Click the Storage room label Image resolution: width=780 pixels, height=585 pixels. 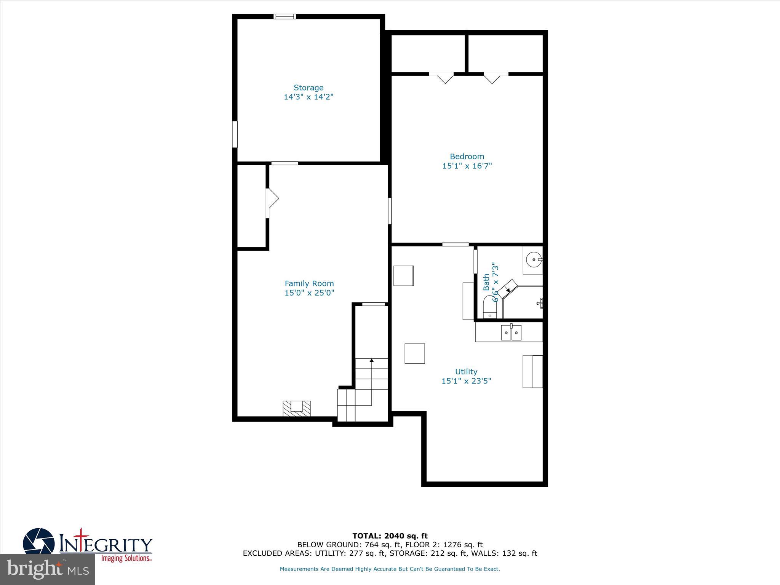(308, 88)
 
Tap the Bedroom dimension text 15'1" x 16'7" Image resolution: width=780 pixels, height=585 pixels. (467, 166)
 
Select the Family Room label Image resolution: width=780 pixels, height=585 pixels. (309, 283)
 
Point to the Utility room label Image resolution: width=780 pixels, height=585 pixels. (466, 371)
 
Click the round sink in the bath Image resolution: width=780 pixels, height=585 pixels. (533, 260)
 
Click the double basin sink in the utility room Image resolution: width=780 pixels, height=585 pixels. (511, 333)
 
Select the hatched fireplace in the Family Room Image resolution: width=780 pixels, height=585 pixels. (296, 408)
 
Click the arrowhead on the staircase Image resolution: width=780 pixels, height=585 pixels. (372, 360)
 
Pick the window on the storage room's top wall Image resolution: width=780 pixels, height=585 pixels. (285, 16)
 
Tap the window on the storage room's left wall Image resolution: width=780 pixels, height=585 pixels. (235, 134)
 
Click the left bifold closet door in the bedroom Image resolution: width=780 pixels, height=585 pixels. (445, 78)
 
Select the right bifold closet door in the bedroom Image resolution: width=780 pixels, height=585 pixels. (492, 78)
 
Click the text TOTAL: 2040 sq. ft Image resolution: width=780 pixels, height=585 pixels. (390, 536)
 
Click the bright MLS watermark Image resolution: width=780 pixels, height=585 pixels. (48, 569)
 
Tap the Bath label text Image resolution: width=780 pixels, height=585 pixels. (486, 282)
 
